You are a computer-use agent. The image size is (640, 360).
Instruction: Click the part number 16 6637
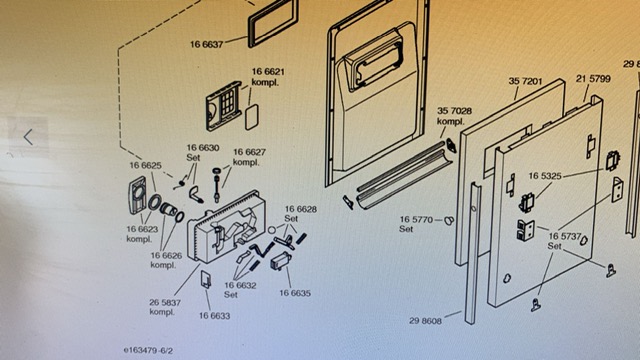point(207,44)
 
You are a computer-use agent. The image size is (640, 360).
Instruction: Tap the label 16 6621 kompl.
point(268,77)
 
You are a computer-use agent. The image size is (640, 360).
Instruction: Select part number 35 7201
point(525,81)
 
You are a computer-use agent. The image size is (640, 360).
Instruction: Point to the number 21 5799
point(593,78)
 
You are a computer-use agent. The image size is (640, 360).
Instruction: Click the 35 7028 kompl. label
point(454,116)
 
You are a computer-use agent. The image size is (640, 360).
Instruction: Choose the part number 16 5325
point(545,176)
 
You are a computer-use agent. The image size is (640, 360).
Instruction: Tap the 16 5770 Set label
point(416,224)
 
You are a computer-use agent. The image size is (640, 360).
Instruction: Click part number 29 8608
point(425,321)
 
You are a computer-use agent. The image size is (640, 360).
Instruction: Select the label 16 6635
point(295,293)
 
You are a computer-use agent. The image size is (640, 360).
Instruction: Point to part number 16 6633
point(214,316)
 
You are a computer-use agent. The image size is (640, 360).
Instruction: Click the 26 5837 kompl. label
point(164,307)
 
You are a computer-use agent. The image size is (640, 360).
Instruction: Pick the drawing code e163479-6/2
point(148,351)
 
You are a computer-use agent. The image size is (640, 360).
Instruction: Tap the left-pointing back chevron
point(28,137)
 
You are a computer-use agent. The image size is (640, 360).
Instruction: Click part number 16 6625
point(145,165)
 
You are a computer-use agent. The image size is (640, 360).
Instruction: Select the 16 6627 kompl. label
point(249,157)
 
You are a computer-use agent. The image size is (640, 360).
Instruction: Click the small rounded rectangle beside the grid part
point(251,117)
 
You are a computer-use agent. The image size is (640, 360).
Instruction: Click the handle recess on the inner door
point(373,58)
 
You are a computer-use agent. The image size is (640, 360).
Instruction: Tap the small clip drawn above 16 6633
point(206,279)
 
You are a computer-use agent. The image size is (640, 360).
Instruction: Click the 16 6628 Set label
point(300,213)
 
